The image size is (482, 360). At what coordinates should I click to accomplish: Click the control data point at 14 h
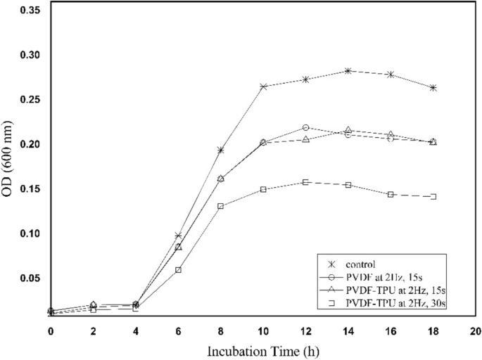(348, 71)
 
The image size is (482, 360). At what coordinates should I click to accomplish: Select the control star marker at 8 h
(221, 150)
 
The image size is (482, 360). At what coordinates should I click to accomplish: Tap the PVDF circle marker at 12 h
(305, 127)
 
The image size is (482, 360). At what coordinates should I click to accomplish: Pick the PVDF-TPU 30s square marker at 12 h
(305, 182)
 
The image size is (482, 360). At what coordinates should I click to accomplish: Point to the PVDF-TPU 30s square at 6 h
(178, 269)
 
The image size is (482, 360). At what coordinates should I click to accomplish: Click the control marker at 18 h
(433, 88)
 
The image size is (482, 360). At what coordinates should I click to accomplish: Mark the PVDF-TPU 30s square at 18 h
(433, 197)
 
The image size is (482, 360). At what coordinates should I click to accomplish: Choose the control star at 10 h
(263, 86)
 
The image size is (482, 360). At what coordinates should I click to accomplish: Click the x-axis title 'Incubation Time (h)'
(262, 349)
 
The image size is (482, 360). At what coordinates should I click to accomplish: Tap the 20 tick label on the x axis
(475, 329)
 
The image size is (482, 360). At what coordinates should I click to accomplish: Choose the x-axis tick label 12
(305, 329)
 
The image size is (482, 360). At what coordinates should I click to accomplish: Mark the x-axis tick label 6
(178, 329)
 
